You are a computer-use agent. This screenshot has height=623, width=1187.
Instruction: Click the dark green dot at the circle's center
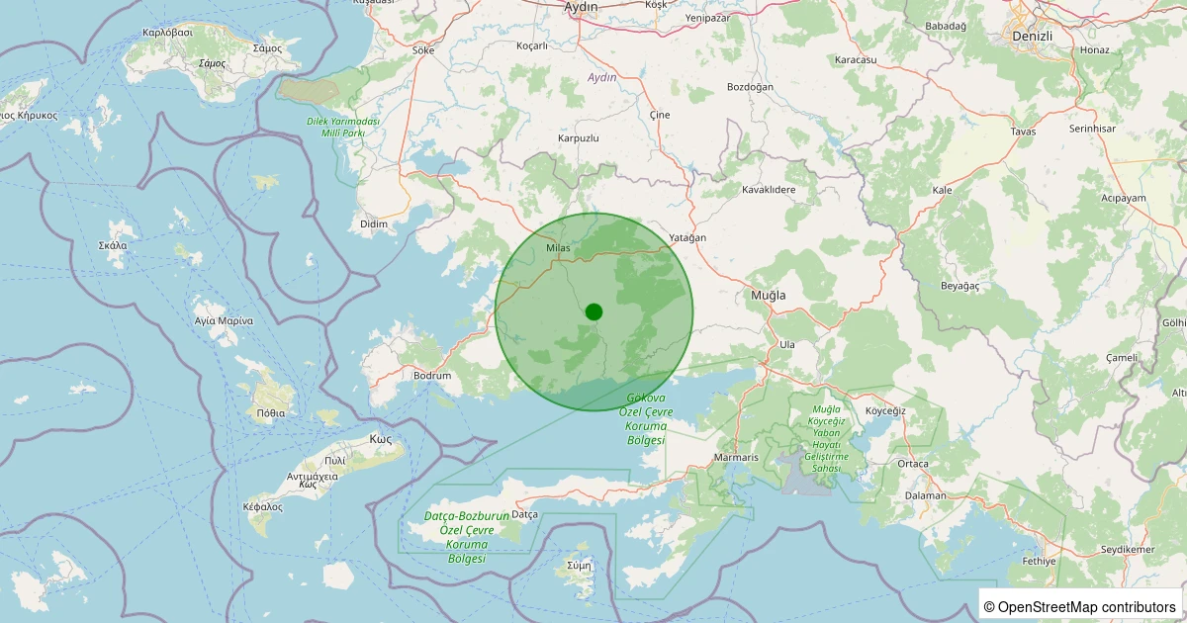click(593, 311)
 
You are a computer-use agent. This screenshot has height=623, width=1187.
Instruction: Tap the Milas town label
click(559, 249)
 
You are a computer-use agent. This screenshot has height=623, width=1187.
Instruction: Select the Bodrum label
click(432, 376)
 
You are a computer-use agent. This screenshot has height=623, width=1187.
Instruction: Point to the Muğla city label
click(768, 296)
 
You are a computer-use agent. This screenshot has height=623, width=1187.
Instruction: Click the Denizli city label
click(1033, 36)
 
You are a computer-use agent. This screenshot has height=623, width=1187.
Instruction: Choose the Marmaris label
click(736, 458)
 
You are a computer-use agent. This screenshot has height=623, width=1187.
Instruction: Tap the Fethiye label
click(1040, 561)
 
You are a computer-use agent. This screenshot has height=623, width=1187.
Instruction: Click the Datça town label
click(524, 514)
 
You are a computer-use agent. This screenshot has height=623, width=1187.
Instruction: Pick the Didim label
click(374, 224)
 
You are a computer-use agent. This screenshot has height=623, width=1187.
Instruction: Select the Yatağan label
click(687, 238)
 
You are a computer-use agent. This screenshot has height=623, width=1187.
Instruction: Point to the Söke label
click(423, 49)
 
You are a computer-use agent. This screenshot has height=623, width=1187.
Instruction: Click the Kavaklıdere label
click(769, 189)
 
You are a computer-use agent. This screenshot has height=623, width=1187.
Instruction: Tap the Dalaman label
click(926, 495)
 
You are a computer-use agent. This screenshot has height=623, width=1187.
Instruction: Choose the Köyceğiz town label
click(885, 410)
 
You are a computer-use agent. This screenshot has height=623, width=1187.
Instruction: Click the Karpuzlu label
click(579, 138)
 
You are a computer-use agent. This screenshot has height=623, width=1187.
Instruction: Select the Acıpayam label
click(1123, 198)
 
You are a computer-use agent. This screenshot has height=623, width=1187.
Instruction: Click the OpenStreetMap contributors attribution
click(1079, 606)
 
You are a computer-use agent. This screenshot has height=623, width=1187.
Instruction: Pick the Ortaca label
click(913, 464)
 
